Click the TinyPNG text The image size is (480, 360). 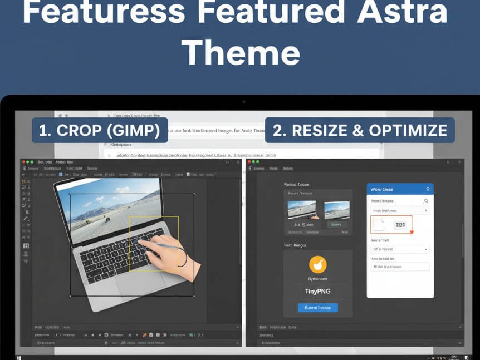tap(317, 291)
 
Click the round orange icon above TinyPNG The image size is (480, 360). tap(317, 264)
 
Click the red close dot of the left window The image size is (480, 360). tap(23, 162)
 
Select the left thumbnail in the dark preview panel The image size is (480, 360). tap(301, 210)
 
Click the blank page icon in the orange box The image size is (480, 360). tap(379, 225)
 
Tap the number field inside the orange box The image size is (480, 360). tap(400, 225)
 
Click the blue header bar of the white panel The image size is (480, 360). tap(400, 189)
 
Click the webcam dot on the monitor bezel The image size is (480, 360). tap(243, 102)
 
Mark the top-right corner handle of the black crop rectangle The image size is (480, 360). tap(194, 194)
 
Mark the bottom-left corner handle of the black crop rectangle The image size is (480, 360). tap(70, 296)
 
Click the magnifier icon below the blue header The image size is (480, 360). tap(427, 201)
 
